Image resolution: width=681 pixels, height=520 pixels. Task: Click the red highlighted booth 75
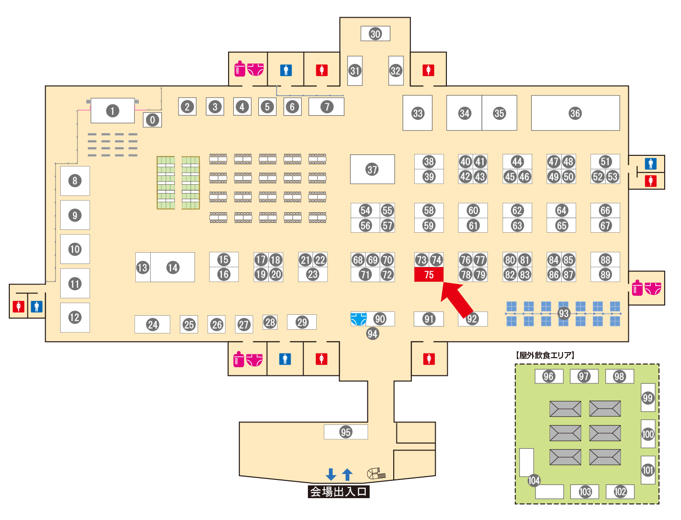click(x=429, y=275)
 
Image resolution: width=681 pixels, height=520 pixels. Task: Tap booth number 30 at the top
click(x=375, y=34)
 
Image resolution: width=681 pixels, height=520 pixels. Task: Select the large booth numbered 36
click(x=575, y=113)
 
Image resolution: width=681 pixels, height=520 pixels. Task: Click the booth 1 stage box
click(x=112, y=111)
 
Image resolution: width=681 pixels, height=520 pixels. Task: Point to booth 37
click(x=372, y=169)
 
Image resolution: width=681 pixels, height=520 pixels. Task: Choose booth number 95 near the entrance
click(x=346, y=432)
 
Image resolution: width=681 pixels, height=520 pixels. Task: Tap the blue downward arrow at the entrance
click(x=331, y=474)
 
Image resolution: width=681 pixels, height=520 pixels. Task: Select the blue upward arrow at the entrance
click(x=347, y=474)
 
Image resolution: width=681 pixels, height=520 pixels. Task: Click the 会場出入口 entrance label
click(x=339, y=492)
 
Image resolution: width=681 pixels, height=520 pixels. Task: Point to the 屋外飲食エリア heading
click(x=545, y=355)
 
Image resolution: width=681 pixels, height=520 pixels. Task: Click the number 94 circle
click(x=372, y=333)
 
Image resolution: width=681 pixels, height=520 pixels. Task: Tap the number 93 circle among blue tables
click(x=564, y=313)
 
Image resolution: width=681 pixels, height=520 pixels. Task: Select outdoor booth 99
click(x=648, y=397)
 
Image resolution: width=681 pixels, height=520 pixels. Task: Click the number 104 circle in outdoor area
click(x=534, y=480)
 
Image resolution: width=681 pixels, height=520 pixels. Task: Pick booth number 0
click(x=153, y=120)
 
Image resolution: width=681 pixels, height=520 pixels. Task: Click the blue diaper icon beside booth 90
click(x=358, y=319)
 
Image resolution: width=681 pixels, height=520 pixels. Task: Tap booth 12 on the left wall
click(x=75, y=317)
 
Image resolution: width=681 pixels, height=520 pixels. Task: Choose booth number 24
click(x=153, y=325)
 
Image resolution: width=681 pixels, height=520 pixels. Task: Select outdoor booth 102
click(x=620, y=492)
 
